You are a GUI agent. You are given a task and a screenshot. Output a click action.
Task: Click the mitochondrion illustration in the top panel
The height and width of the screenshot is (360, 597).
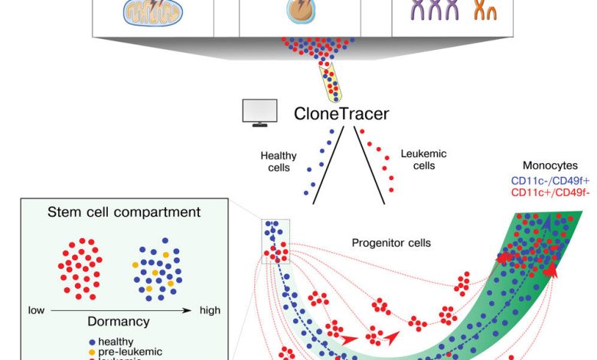(145, 10)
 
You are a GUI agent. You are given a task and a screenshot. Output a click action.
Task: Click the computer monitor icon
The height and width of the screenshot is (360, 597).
(259, 113)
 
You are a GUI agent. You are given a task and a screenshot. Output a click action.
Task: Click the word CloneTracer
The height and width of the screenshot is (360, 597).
(341, 115)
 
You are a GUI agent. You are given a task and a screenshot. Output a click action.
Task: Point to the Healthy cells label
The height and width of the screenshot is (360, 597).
(278, 162)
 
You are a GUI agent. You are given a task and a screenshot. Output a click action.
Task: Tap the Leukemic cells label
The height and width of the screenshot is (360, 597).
(424, 159)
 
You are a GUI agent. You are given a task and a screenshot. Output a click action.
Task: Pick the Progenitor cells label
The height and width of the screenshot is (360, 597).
(391, 244)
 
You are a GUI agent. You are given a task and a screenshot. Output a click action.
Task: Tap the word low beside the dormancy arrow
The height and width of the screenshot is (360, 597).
(36, 310)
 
